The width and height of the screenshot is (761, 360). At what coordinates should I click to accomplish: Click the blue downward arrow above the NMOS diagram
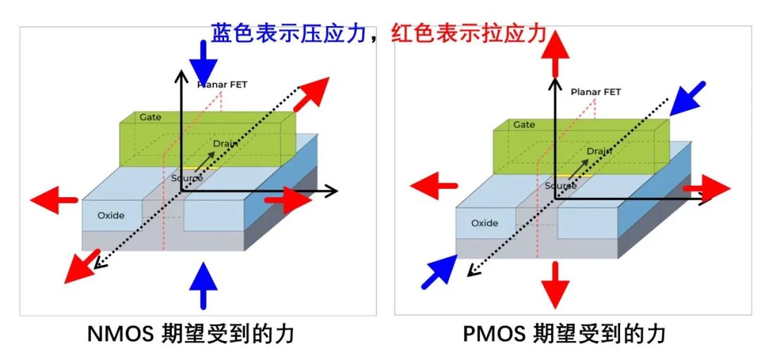(203, 63)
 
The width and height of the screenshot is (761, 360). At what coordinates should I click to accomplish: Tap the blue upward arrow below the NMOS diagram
(204, 285)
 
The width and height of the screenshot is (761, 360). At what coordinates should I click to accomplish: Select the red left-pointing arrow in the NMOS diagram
(54, 199)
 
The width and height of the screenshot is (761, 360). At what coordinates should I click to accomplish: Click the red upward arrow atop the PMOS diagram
(555, 53)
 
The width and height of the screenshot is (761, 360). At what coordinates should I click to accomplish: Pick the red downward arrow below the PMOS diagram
(555, 285)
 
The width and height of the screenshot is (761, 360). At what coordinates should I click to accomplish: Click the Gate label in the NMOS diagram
(151, 117)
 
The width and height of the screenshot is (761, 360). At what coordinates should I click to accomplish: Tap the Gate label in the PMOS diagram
(524, 125)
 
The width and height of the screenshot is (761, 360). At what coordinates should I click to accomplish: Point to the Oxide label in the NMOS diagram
(111, 215)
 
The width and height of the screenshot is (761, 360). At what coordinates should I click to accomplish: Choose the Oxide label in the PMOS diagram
(485, 223)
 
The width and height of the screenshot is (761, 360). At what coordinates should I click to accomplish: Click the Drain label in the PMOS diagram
(600, 151)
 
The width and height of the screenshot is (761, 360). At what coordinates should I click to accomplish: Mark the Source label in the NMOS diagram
(187, 178)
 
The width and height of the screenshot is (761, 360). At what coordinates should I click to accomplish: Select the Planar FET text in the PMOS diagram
(595, 92)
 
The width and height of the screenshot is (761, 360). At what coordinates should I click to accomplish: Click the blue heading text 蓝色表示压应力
(288, 33)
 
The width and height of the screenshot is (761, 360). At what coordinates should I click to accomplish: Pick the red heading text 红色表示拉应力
(469, 33)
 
